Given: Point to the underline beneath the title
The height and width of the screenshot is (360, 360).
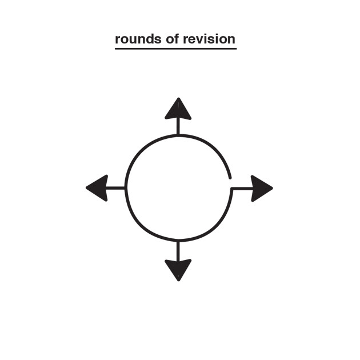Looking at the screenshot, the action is pyautogui.click(x=175, y=49).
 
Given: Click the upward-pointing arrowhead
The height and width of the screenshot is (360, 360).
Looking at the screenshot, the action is pyautogui.click(x=178, y=109).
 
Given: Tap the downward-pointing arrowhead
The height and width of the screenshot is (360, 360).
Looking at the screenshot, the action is pyautogui.click(x=178, y=269).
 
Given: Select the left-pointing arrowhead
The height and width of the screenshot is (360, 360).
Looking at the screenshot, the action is pyautogui.click(x=98, y=187).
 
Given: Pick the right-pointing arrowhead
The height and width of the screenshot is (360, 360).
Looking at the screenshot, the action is pyautogui.click(x=261, y=187).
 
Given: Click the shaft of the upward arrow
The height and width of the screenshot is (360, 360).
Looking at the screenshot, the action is pyautogui.click(x=178, y=126).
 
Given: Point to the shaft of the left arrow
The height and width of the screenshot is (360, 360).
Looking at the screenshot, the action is pyautogui.click(x=117, y=187).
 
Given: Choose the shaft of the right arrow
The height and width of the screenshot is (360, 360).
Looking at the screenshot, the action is pyautogui.click(x=241, y=187).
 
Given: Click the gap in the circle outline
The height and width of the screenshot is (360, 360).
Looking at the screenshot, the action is pyautogui.click(x=231, y=182).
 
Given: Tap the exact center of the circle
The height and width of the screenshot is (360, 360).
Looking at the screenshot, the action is pyautogui.click(x=178, y=187).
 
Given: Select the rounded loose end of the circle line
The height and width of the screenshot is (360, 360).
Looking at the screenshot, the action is pyautogui.click(x=230, y=177).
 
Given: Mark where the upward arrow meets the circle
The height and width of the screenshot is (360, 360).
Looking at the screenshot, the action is pyautogui.click(x=178, y=135).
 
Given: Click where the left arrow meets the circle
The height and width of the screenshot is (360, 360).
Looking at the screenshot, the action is pyautogui.click(x=126, y=187).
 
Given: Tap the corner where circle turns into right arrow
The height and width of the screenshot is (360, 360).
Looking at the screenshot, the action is pyautogui.click(x=232, y=188).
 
